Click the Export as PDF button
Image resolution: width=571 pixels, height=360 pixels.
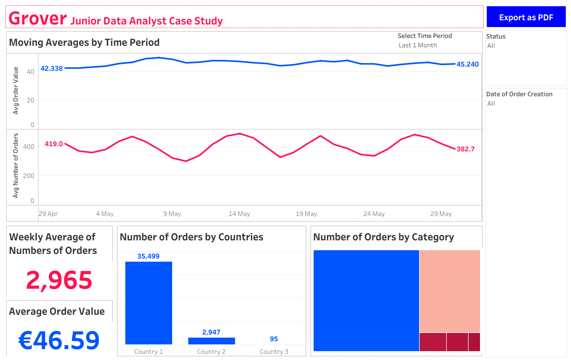[526, 17]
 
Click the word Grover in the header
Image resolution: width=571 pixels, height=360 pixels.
[37, 18]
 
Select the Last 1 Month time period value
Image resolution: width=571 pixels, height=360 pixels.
[418, 45]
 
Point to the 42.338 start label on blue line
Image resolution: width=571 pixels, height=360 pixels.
[51, 68]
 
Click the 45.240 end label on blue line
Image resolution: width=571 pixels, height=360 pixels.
[468, 65]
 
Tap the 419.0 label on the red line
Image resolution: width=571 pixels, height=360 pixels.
[54, 144]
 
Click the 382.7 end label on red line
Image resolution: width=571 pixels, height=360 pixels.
[465, 149]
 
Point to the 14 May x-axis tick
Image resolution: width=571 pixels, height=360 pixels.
[239, 214]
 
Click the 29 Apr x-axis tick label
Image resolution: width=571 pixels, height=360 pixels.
[48, 214]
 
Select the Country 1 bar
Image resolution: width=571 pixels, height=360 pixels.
[149, 303]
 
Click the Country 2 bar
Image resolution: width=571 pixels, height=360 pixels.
[211, 341]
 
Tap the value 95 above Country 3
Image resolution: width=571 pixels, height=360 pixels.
[274, 339]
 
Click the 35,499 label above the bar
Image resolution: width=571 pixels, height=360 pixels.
[148, 256]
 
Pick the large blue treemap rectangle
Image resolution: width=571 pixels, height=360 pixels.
[366, 301]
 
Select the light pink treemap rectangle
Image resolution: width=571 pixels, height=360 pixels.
[449, 291]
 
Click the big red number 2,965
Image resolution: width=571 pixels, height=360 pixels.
[59, 280]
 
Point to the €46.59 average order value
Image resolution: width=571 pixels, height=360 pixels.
[59, 340]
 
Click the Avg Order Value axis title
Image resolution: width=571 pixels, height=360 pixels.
[16, 91]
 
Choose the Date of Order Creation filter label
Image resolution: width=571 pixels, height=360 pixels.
[519, 94]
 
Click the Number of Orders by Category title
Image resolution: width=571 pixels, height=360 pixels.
[383, 237]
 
